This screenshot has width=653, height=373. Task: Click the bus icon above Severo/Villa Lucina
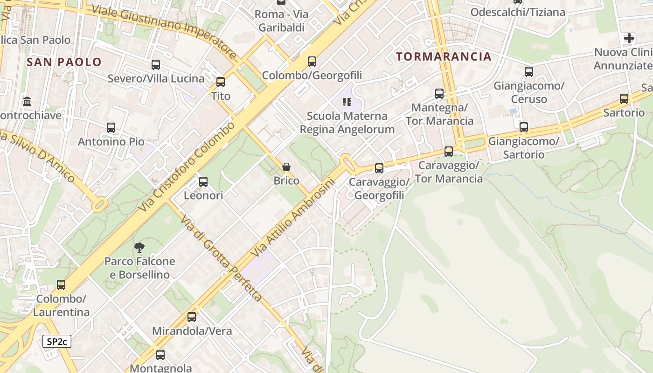tap(156, 65)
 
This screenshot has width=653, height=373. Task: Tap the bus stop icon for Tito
tap(221, 82)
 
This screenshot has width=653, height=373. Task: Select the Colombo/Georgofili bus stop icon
tap(312, 62)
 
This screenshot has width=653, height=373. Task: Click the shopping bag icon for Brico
tap(286, 167)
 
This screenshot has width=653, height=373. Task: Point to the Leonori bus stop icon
tap(203, 182)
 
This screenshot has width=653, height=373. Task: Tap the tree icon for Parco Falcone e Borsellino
tap(139, 248)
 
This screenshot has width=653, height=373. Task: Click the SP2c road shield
tap(57, 341)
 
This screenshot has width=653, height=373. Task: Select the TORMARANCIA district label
tap(444, 57)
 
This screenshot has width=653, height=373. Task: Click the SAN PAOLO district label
tap(64, 62)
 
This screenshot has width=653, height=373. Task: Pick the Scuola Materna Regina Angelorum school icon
tap(347, 102)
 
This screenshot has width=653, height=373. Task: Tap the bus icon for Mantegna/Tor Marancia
tap(439, 94)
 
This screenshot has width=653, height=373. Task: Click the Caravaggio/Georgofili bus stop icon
tap(379, 168)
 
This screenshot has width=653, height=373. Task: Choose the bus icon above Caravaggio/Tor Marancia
tap(449, 152)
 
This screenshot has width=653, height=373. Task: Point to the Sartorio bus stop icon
tap(624, 99)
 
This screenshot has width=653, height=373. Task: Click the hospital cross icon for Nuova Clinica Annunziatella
tap(629, 38)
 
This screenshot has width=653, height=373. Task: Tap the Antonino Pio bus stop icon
tap(111, 128)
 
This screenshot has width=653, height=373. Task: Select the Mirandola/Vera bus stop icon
tap(192, 317)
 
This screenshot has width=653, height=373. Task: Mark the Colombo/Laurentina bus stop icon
tap(61, 284)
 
